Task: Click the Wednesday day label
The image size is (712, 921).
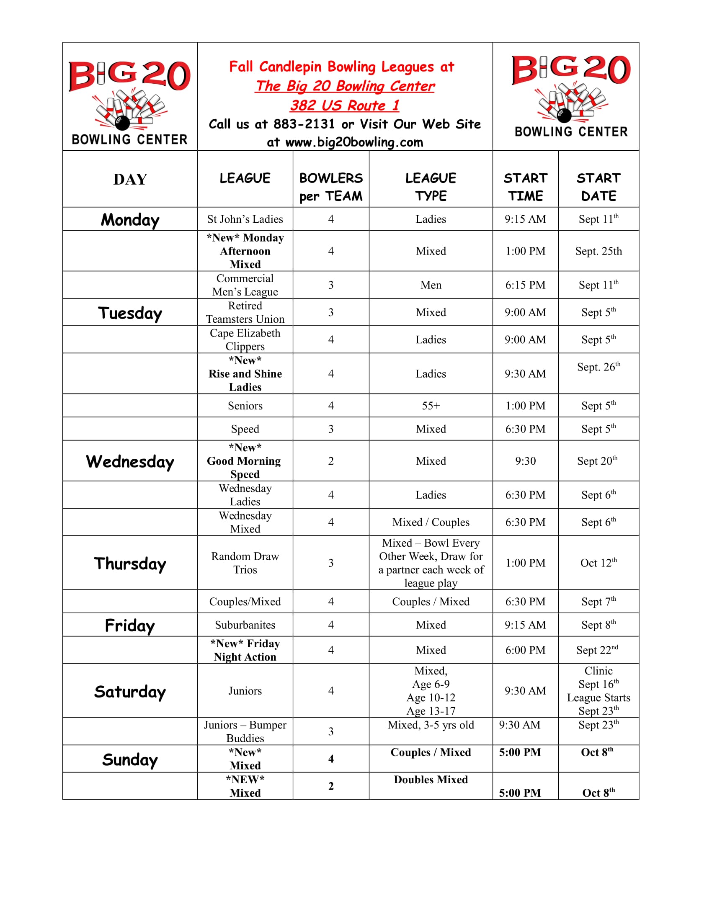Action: coord(130,461)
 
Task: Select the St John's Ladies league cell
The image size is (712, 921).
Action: coord(245,219)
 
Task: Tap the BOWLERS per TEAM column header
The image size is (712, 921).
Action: coord(331,187)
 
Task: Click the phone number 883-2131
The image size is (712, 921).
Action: coord(304,124)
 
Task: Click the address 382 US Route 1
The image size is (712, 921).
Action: coord(344,105)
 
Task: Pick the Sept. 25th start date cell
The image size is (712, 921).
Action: coord(598,251)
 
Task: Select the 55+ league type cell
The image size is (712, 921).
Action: coord(431,406)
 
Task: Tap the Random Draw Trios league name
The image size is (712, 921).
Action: coord(245,563)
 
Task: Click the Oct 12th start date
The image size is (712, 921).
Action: coord(598,563)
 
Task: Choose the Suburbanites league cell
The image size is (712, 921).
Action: coord(245,625)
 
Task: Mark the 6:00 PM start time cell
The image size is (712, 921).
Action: coord(525,650)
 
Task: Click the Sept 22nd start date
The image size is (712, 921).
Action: coord(597,650)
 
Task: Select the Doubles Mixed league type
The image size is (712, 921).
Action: coord(431,780)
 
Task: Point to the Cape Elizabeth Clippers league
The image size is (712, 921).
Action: coord(245,340)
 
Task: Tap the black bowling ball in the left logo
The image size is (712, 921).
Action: coord(122,123)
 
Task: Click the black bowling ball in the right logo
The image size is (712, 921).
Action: coord(564,115)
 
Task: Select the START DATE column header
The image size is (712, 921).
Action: coord(598,187)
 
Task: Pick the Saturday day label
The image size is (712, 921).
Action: coord(130,692)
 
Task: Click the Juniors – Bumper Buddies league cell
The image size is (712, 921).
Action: coord(245,731)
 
